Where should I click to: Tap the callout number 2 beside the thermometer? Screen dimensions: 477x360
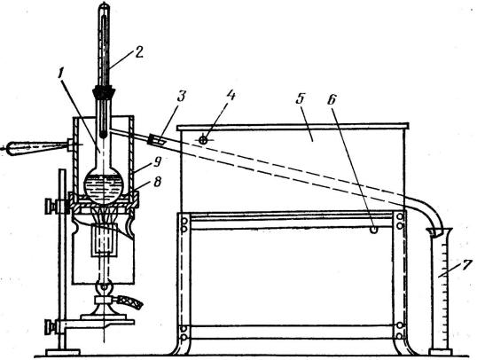138,52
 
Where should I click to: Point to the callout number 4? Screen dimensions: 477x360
231,95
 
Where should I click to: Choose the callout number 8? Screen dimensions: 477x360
158,183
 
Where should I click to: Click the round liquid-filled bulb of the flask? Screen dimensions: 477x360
104,185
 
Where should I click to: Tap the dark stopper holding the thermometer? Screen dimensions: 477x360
104,91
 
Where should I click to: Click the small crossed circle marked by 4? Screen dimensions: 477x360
203,140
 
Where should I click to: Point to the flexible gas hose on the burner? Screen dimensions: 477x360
130,302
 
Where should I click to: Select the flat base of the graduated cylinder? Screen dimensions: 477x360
440,352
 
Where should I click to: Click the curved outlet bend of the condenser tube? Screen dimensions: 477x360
427,213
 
